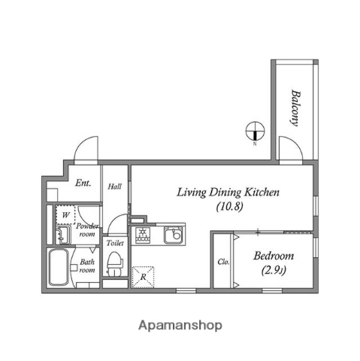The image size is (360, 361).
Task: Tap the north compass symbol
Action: (x=255, y=132)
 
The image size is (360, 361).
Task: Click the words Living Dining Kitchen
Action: (x=228, y=193)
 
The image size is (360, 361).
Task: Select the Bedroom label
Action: (x=273, y=256)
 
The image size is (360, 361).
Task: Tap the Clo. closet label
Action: (x=223, y=262)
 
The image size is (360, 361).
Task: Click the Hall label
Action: (x=115, y=187)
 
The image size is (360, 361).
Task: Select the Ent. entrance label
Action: (x=83, y=183)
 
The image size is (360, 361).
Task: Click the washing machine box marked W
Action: (x=65, y=215)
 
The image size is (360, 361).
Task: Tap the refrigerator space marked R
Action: (x=143, y=277)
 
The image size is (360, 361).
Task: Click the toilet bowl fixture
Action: (x=114, y=263)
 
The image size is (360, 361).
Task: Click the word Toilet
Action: (x=114, y=244)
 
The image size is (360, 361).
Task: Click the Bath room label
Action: (x=88, y=265)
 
